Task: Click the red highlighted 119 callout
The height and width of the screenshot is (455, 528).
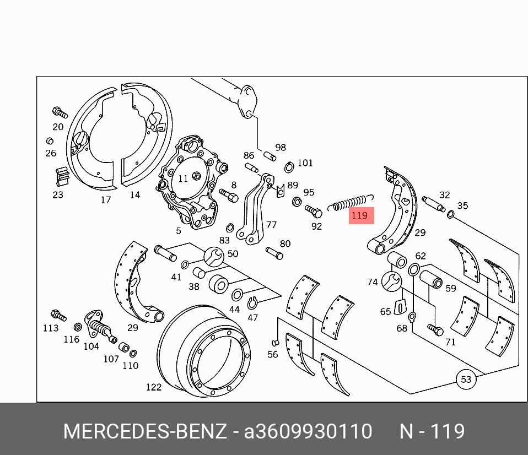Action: click(362, 215)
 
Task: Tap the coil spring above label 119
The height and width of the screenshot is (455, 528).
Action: click(351, 203)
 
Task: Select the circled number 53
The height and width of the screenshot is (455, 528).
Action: click(466, 380)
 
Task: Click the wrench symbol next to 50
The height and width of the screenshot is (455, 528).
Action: click(214, 257)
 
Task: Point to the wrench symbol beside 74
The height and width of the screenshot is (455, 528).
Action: click(392, 281)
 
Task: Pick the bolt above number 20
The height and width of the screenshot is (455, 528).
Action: click(60, 112)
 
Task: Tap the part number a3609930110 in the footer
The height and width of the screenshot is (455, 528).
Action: click(308, 431)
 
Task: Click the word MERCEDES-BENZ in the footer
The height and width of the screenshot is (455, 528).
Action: click(145, 431)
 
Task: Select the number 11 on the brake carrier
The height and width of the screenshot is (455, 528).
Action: click(183, 178)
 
